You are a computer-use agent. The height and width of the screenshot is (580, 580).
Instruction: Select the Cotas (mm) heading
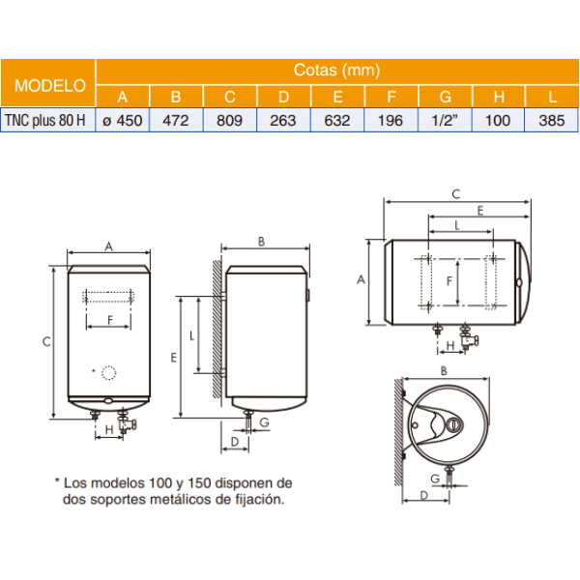pyautogui.click(x=336, y=71)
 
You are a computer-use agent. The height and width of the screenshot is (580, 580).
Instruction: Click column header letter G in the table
pyautogui.click(x=445, y=97)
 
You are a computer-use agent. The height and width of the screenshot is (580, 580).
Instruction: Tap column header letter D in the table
pyautogui.click(x=283, y=97)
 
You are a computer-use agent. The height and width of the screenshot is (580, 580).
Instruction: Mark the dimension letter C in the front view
pyautogui.click(x=45, y=341)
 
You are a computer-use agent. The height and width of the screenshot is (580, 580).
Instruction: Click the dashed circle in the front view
pyautogui.click(x=109, y=372)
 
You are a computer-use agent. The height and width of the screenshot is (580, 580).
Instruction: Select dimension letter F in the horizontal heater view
pyautogui.click(x=449, y=281)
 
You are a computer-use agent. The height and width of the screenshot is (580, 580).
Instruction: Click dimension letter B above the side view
pyautogui.click(x=262, y=241)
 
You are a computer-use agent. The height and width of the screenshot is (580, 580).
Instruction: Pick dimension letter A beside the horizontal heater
pyautogui.click(x=361, y=279)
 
